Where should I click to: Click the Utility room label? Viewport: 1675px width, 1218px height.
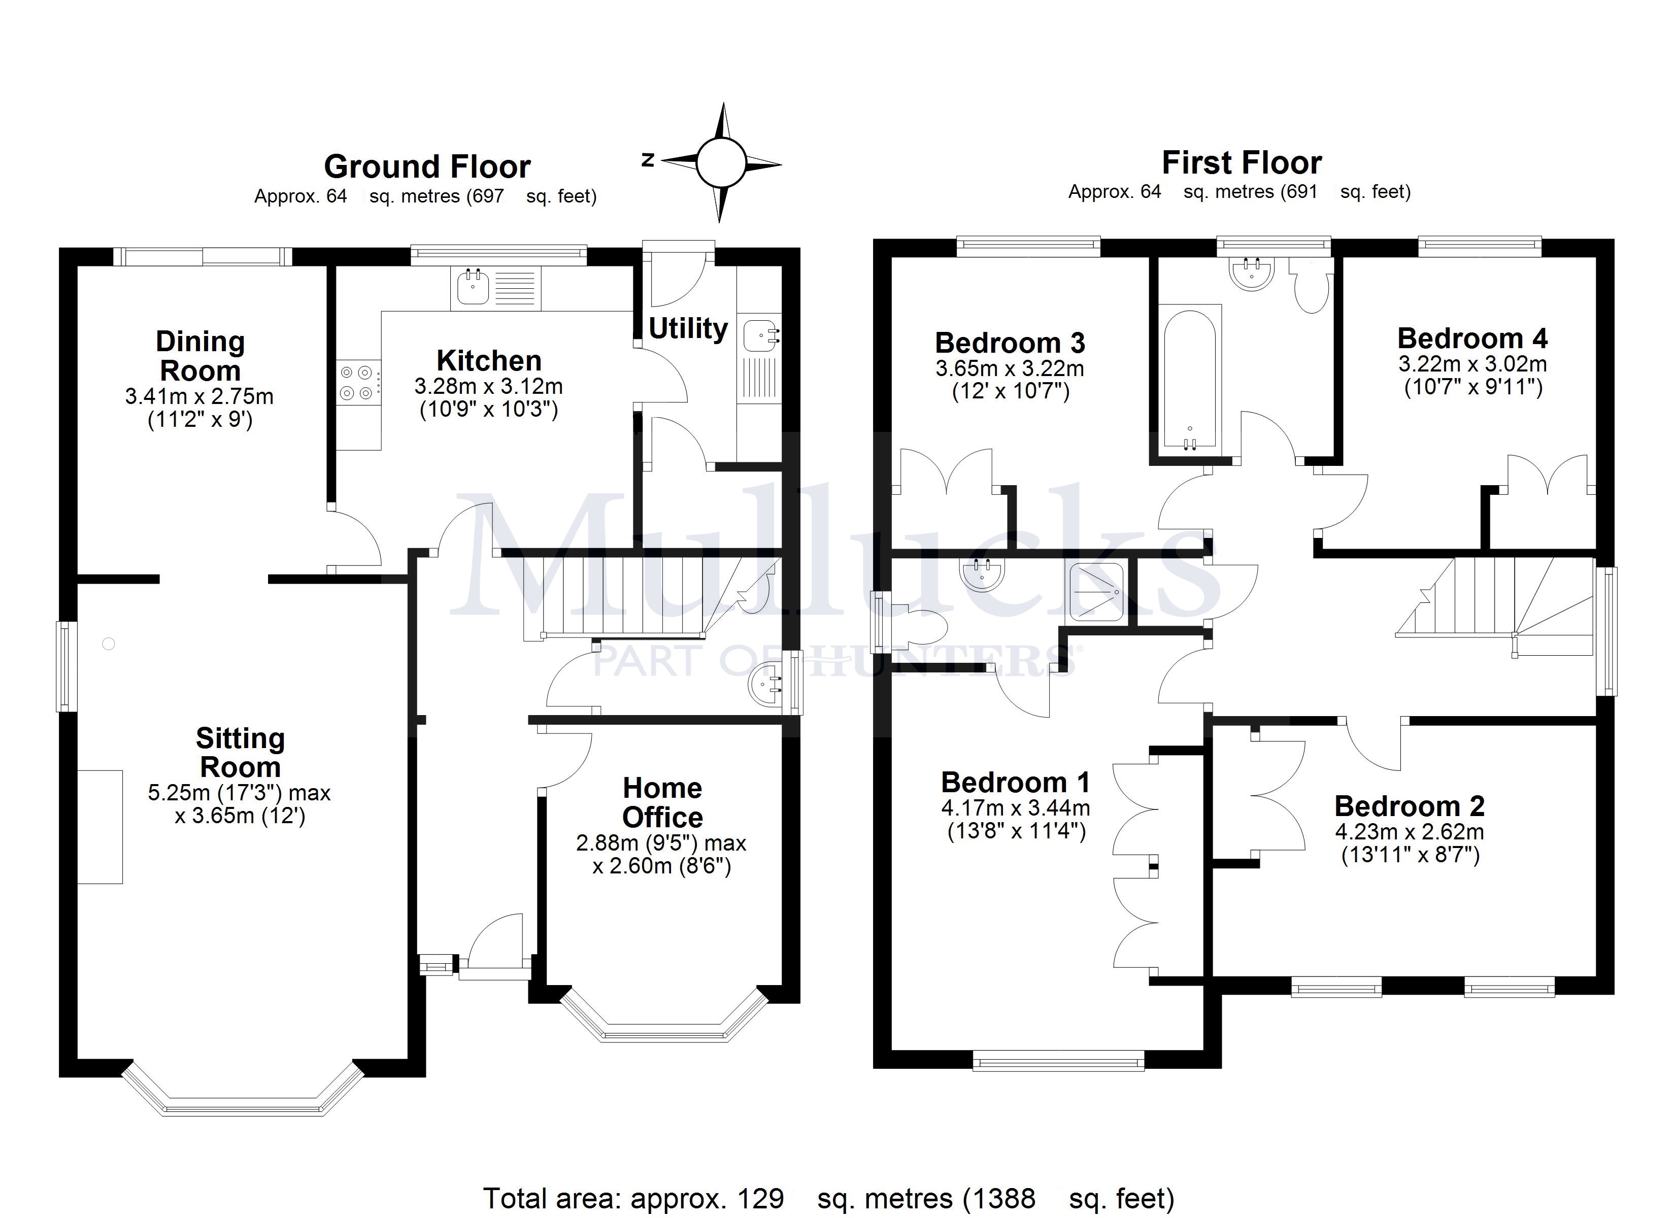[x=688, y=328]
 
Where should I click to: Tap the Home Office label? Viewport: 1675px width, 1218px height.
[x=662, y=802]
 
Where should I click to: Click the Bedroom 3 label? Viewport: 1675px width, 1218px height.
[x=1010, y=342]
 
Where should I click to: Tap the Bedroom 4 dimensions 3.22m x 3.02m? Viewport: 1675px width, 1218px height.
[x=1472, y=363]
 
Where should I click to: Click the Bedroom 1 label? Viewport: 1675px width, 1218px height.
[x=1016, y=782]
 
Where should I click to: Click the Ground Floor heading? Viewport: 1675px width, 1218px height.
[x=427, y=166]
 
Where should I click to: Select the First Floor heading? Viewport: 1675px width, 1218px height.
[x=1242, y=162]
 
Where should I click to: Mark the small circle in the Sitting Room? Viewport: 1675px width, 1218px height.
[x=109, y=644]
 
